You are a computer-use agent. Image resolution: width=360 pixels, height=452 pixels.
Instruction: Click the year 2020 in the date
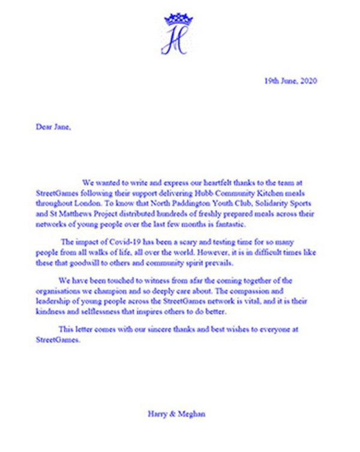pyautogui.click(x=307, y=81)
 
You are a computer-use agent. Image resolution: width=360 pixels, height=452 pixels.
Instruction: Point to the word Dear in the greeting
pyautogui.click(x=42, y=127)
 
